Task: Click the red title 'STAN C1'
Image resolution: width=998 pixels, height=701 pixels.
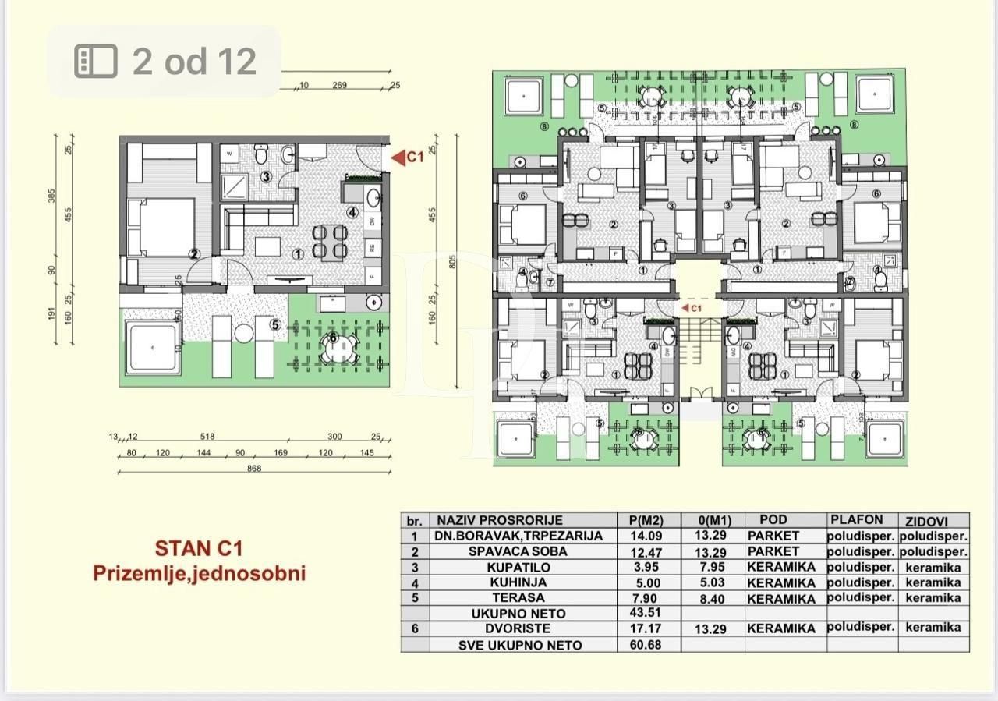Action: (x=199, y=548)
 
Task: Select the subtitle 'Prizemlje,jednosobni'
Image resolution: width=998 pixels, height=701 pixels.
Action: (x=199, y=573)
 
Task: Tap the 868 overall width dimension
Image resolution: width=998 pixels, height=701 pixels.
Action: (x=253, y=468)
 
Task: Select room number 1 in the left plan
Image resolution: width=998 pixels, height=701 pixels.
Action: (x=297, y=255)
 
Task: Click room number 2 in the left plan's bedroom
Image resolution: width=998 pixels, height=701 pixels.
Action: (x=193, y=253)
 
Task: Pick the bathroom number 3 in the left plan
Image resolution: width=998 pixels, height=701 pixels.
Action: (x=266, y=177)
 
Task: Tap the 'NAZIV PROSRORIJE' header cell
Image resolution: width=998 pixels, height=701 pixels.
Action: (x=499, y=520)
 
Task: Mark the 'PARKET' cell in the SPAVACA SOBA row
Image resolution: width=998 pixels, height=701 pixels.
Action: (x=773, y=551)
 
